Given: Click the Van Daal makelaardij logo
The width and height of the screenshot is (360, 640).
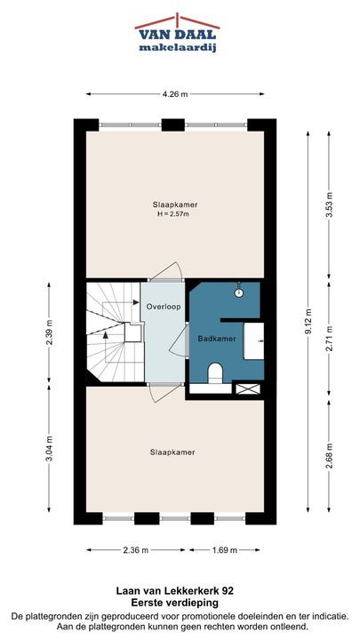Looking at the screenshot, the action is pos(177,33).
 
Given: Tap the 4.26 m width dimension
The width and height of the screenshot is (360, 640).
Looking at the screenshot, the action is pos(175,94).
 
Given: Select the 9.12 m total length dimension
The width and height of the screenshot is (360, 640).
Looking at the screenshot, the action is pos(308,321).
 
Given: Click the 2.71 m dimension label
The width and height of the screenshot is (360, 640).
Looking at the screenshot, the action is pos(329,338).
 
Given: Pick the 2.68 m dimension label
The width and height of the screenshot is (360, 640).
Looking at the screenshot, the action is pos(329,455).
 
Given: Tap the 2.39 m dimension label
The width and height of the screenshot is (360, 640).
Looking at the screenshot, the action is pos(49,332).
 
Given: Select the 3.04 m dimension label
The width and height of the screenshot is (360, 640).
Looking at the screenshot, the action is pos(49,448).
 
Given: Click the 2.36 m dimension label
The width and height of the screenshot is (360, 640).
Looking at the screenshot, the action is pos(136,550).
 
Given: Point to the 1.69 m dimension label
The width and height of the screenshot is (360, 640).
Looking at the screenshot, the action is pos(224,550).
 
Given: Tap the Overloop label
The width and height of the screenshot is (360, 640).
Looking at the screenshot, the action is pos(164,306).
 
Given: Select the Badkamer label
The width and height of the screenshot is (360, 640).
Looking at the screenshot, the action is pos(217,339).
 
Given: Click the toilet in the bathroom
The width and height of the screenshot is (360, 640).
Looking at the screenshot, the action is pos(215,374).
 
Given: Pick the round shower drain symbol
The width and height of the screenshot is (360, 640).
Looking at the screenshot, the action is pos(239,292).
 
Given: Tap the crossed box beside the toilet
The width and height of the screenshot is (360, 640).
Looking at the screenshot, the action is pos(248,388).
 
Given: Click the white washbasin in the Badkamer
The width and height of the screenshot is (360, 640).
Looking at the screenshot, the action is pos(254,340).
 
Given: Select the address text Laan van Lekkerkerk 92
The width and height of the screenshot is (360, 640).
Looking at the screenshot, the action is pos(175,590).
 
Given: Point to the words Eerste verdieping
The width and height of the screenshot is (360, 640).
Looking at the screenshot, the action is pos(175,603).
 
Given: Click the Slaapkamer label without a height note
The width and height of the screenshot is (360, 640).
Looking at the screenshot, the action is pos(172,452).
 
